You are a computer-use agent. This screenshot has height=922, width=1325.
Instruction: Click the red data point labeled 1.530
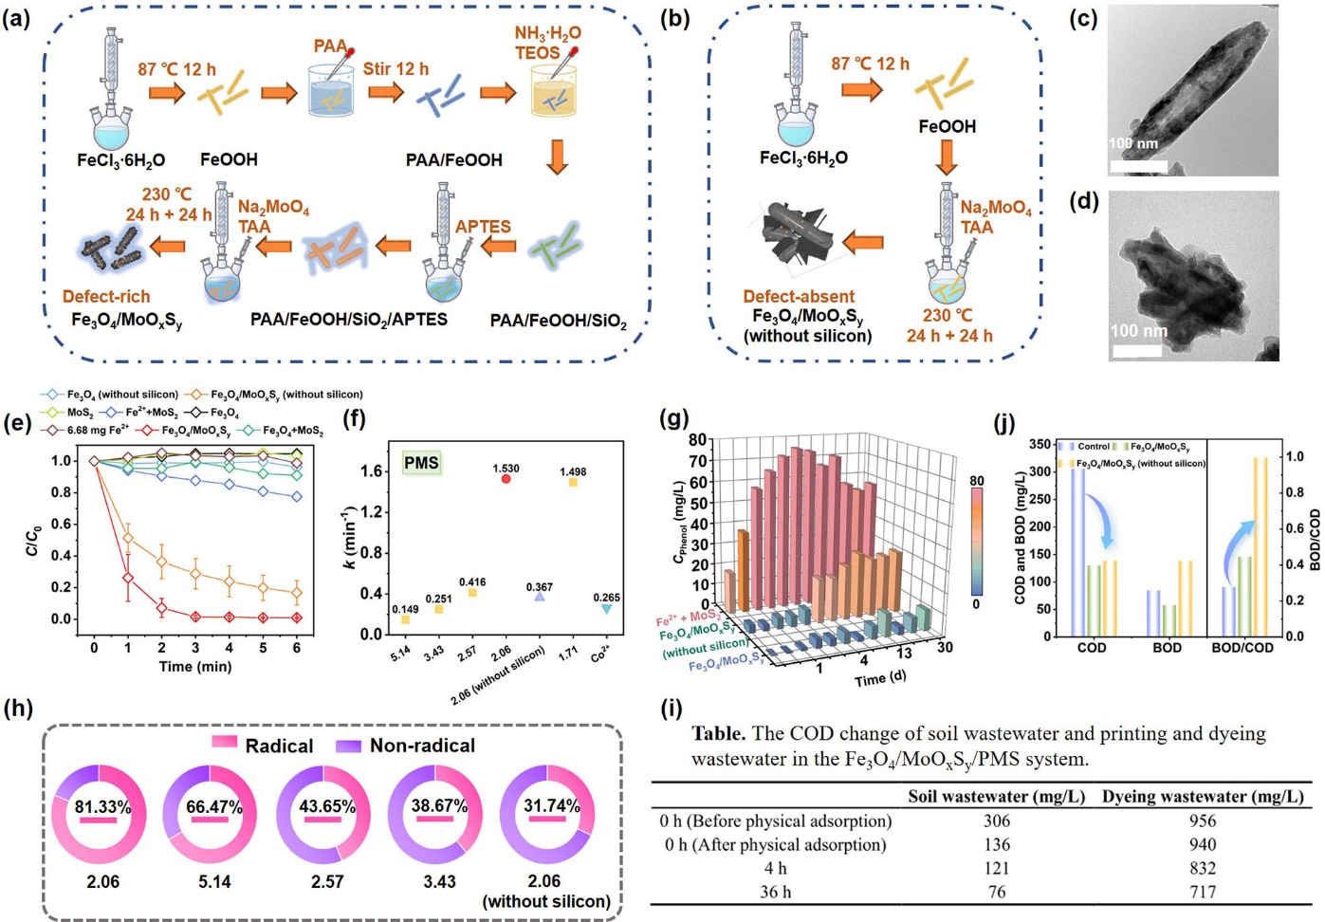506,479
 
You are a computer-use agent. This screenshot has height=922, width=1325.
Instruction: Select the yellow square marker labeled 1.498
573,482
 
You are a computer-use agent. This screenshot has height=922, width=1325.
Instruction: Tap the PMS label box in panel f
421,463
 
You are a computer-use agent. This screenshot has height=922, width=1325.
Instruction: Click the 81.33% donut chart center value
102,807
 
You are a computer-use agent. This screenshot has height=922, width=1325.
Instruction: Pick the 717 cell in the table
1203,892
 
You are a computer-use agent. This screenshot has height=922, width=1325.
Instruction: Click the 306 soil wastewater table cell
996,821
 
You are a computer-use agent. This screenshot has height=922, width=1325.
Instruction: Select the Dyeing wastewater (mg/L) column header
1203,797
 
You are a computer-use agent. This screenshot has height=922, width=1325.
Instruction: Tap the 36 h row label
775,892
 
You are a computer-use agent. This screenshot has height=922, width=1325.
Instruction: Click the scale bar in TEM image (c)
1138,166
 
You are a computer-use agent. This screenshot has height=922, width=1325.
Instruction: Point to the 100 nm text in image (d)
1138,331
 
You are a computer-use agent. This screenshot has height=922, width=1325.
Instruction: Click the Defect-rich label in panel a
106,296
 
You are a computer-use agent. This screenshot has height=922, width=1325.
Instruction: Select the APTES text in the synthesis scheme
483,227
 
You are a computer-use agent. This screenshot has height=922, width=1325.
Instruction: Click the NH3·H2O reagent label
547,33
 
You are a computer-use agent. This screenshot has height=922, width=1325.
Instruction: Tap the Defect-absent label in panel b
799,296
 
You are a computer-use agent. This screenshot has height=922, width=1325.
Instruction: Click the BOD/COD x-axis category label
1242,648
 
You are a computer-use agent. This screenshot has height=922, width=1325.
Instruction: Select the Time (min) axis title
194,667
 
